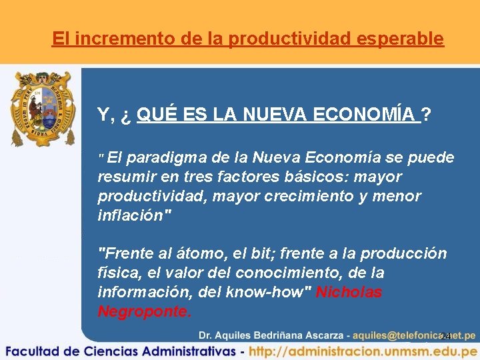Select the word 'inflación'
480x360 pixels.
click(130, 216)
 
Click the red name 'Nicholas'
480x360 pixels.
click(349, 293)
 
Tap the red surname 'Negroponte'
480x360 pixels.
click(143, 312)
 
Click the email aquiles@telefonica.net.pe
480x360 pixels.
click(414, 335)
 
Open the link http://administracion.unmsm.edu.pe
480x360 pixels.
click(363, 351)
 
